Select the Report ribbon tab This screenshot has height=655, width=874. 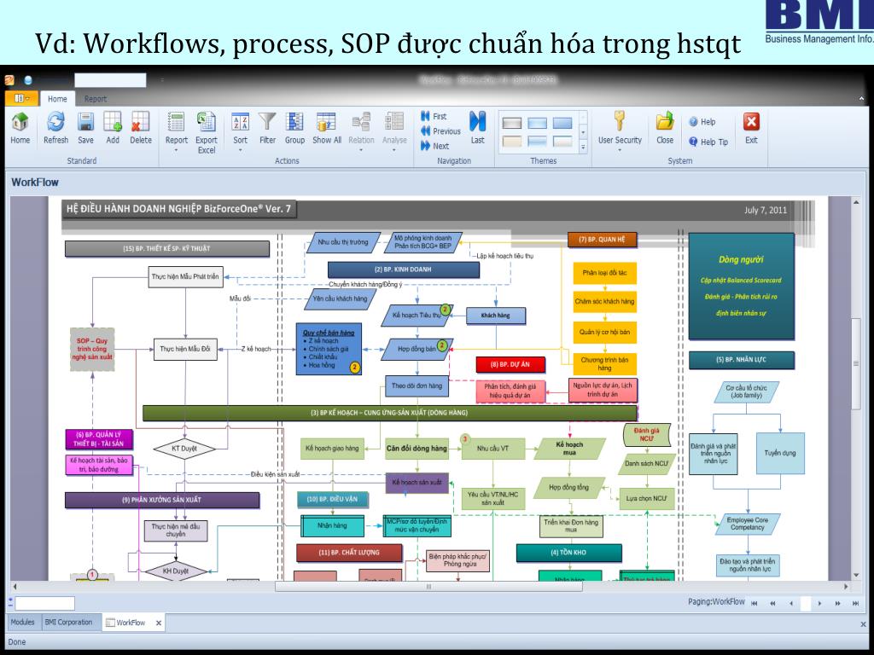click(96, 99)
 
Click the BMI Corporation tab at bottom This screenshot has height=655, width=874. click(69, 623)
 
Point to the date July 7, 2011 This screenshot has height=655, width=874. click(766, 210)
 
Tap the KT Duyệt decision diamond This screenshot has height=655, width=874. click(184, 447)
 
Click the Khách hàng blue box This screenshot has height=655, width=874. click(495, 316)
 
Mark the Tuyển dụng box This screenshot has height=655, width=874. click(780, 454)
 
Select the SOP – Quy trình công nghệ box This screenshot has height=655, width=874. click(94, 349)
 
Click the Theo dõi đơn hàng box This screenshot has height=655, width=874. click(417, 386)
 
